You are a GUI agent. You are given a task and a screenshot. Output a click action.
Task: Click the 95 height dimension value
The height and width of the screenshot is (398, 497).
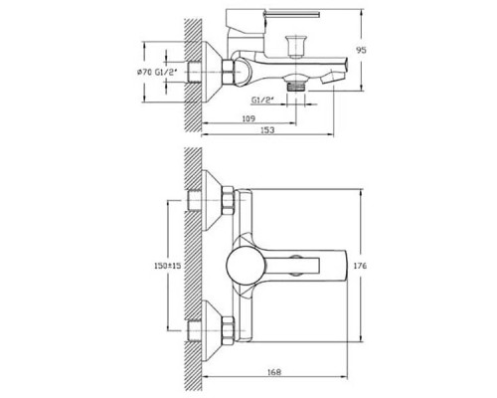pyautogui.click(x=361, y=51)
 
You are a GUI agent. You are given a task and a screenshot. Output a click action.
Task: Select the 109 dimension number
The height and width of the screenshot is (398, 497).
pyautogui.click(x=248, y=118)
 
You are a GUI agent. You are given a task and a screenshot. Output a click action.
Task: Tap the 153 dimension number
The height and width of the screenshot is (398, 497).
pyautogui.click(x=267, y=130)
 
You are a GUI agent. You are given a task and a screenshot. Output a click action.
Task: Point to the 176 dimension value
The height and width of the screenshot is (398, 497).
pyautogui.click(x=361, y=266)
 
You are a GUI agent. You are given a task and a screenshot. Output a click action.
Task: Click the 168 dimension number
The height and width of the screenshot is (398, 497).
pyautogui.click(x=274, y=372)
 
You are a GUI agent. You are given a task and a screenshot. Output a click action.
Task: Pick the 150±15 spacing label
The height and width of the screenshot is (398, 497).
pyautogui.click(x=168, y=266)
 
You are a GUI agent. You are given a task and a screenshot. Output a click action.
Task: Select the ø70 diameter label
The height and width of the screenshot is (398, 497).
pyautogui.click(x=144, y=72)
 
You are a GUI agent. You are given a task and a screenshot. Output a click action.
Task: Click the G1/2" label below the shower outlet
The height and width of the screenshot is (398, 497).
pyautogui.click(x=262, y=99)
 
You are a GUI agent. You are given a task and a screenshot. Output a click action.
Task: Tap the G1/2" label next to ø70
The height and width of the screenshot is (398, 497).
pyautogui.click(x=166, y=72)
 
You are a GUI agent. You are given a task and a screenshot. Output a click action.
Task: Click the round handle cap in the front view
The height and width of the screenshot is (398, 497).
pyautogui.click(x=247, y=266)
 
